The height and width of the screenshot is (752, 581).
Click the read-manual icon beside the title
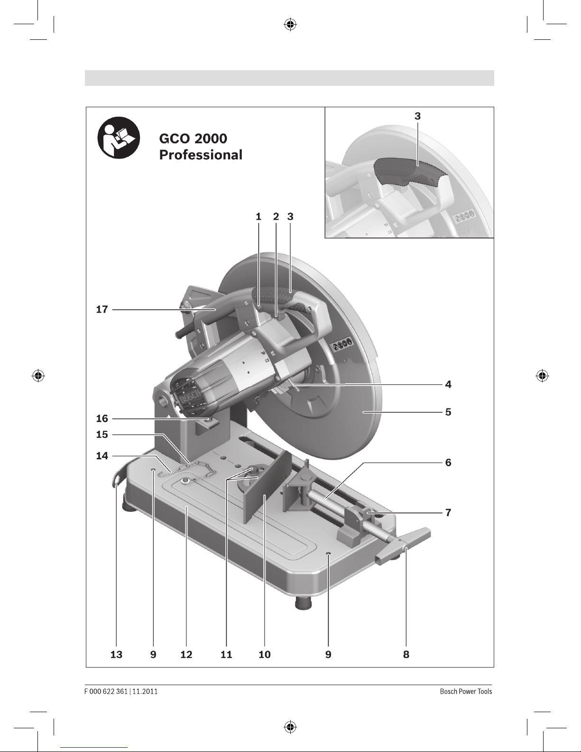point(119,138)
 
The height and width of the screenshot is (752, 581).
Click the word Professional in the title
point(201,155)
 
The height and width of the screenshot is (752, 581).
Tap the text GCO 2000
point(193,139)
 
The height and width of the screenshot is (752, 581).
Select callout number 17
point(102,309)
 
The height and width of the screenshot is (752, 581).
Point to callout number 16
point(102,419)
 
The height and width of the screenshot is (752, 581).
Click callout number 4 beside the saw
point(448,384)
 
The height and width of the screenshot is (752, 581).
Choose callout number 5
point(448,412)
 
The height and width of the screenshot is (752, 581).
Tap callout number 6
point(448,463)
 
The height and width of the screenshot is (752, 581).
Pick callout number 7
point(448,512)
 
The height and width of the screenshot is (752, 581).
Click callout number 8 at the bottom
point(406,654)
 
